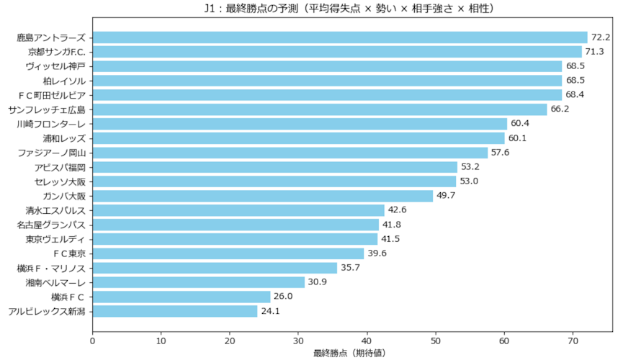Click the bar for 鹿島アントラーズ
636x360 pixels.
tap(340, 37)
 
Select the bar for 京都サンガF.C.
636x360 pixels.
tap(337, 52)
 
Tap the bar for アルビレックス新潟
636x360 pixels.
tap(175, 311)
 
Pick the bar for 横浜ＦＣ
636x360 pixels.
tap(182, 297)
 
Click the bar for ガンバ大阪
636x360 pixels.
tap(263, 196)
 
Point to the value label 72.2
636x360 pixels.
tap(601, 37)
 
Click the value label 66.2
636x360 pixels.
tap(560, 109)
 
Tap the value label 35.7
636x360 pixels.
tap(350, 268)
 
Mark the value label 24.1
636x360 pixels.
tap(271, 311)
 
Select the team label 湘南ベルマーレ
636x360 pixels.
tap(55, 282)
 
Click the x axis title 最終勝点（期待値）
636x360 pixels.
tap(352, 353)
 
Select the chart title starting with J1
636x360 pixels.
tap(352, 9)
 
